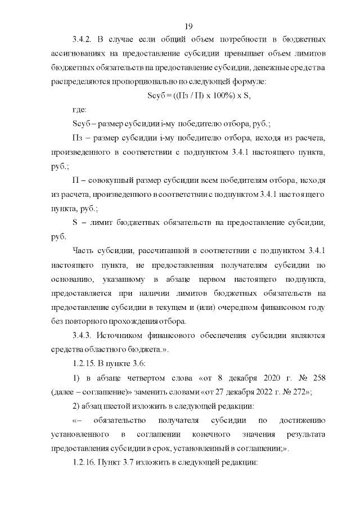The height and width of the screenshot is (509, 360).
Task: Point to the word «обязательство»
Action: click(120, 420)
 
